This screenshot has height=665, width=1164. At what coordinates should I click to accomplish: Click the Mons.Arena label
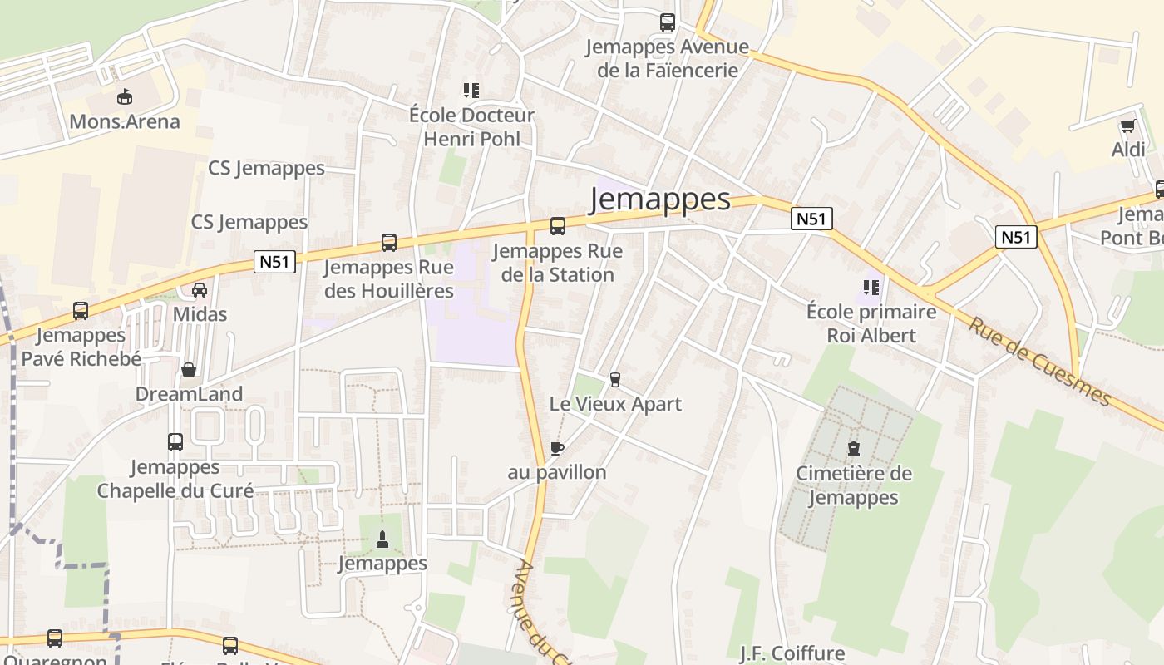124,121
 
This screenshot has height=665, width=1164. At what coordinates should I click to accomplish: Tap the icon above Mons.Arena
124,96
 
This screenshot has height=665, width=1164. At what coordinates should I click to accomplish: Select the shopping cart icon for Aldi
1127,126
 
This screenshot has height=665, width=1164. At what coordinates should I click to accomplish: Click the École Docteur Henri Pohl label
471,126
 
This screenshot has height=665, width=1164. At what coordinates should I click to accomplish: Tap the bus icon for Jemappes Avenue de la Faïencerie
667,22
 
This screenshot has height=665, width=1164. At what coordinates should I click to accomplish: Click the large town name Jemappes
660,199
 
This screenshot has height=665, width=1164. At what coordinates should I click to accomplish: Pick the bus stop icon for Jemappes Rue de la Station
557,225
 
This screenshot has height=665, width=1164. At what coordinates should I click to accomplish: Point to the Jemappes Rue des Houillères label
388,279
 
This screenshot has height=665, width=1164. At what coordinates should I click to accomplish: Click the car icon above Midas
200,290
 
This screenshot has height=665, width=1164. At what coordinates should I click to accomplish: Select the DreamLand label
189,394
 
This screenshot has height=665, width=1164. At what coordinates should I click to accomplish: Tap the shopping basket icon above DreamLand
189,370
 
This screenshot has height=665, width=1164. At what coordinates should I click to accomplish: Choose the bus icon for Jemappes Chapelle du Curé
175,442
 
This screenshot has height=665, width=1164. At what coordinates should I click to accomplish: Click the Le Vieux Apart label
615,404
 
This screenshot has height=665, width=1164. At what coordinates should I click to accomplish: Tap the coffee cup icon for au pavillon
557,449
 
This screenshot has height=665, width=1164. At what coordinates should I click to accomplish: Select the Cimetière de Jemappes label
854,485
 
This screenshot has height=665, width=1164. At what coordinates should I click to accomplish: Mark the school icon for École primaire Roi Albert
871,288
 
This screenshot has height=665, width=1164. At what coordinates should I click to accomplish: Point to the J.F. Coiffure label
792,653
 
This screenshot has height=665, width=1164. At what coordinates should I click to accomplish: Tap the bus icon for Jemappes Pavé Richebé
81,311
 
